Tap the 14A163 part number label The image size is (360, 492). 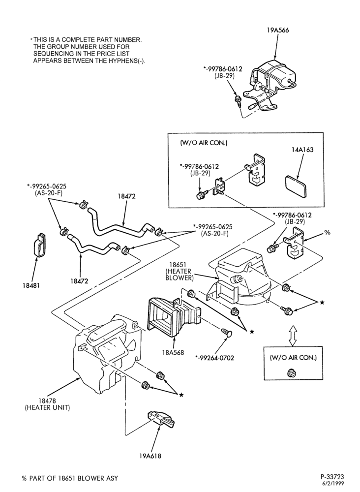(x=302, y=150)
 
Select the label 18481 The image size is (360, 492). (x=31, y=285)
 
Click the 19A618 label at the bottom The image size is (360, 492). (x=150, y=456)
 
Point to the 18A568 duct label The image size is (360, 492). (x=173, y=352)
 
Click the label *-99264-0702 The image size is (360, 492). (x=214, y=358)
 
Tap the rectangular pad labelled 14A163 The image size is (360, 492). (x=297, y=186)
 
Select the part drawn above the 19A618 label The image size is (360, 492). (x=161, y=419)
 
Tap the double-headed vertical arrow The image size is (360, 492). (x=293, y=336)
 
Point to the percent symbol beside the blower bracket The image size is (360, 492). (x=327, y=233)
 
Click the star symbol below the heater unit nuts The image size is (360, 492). (x=181, y=395)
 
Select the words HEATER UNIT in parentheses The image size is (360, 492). (x=47, y=407)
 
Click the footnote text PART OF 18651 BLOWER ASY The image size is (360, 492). (x=74, y=479)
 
